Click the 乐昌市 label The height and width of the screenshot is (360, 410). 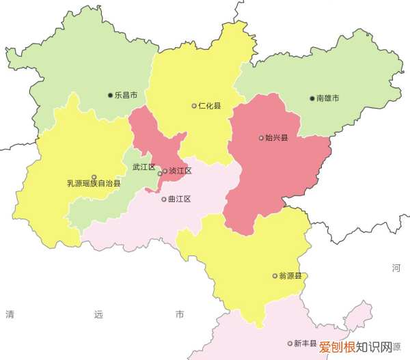126,96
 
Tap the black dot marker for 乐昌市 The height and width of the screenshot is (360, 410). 111,96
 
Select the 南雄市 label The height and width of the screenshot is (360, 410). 327,98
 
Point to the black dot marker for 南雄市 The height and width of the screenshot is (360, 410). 312,98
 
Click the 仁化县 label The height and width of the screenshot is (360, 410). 210,106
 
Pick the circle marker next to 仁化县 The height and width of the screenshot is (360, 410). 194,106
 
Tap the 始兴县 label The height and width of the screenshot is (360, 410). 276,138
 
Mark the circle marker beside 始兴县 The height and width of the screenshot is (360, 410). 261,138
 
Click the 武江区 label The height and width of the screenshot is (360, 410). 143,167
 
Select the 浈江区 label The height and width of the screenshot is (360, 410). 180,171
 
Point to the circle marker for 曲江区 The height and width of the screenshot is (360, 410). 164,199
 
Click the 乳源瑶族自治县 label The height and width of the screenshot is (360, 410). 94,183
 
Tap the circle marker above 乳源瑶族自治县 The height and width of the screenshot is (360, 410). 94,176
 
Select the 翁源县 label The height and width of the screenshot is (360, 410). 290,277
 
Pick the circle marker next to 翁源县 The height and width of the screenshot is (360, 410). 275,277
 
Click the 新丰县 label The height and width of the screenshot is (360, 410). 305,344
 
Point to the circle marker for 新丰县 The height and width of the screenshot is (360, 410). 290,344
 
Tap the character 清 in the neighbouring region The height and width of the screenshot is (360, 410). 10,315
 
